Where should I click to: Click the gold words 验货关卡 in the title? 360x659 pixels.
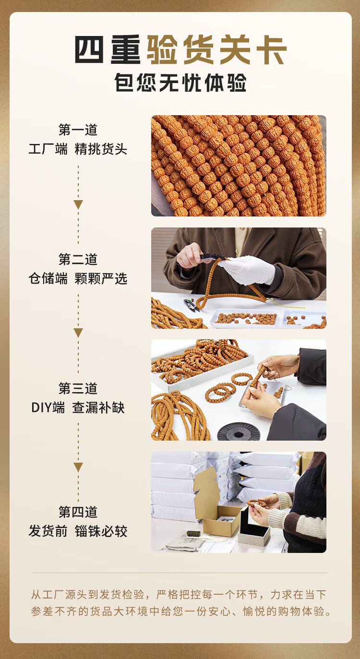[x=217, y=50]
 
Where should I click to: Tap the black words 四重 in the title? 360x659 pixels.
[x=108, y=50]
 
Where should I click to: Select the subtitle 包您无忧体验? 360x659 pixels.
[x=180, y=83]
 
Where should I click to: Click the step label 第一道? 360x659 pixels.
[x=78, y=130]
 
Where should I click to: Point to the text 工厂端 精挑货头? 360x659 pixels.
[x=78, y=149]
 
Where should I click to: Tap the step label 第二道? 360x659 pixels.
[x=78, y=259]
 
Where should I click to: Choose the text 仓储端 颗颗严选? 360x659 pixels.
[x=78, y=278]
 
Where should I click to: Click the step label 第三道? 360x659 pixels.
[x=78, y=388]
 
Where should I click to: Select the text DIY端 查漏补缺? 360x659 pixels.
[x=78, y=408]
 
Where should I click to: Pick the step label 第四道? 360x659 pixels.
[x=78, y=512]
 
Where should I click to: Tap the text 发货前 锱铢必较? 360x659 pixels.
[x=78, y=531]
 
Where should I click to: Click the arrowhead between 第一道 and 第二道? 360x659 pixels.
[x=78, y=204]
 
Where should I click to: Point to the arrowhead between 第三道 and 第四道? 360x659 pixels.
[x=78, y=467]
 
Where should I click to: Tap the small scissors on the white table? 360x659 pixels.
[x=191, y=305]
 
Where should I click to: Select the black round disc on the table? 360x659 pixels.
[x=238, y=432]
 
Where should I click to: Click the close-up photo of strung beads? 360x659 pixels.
[x=239, y=166]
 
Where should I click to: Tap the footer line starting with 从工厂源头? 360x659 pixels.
[x=179, y=595]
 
